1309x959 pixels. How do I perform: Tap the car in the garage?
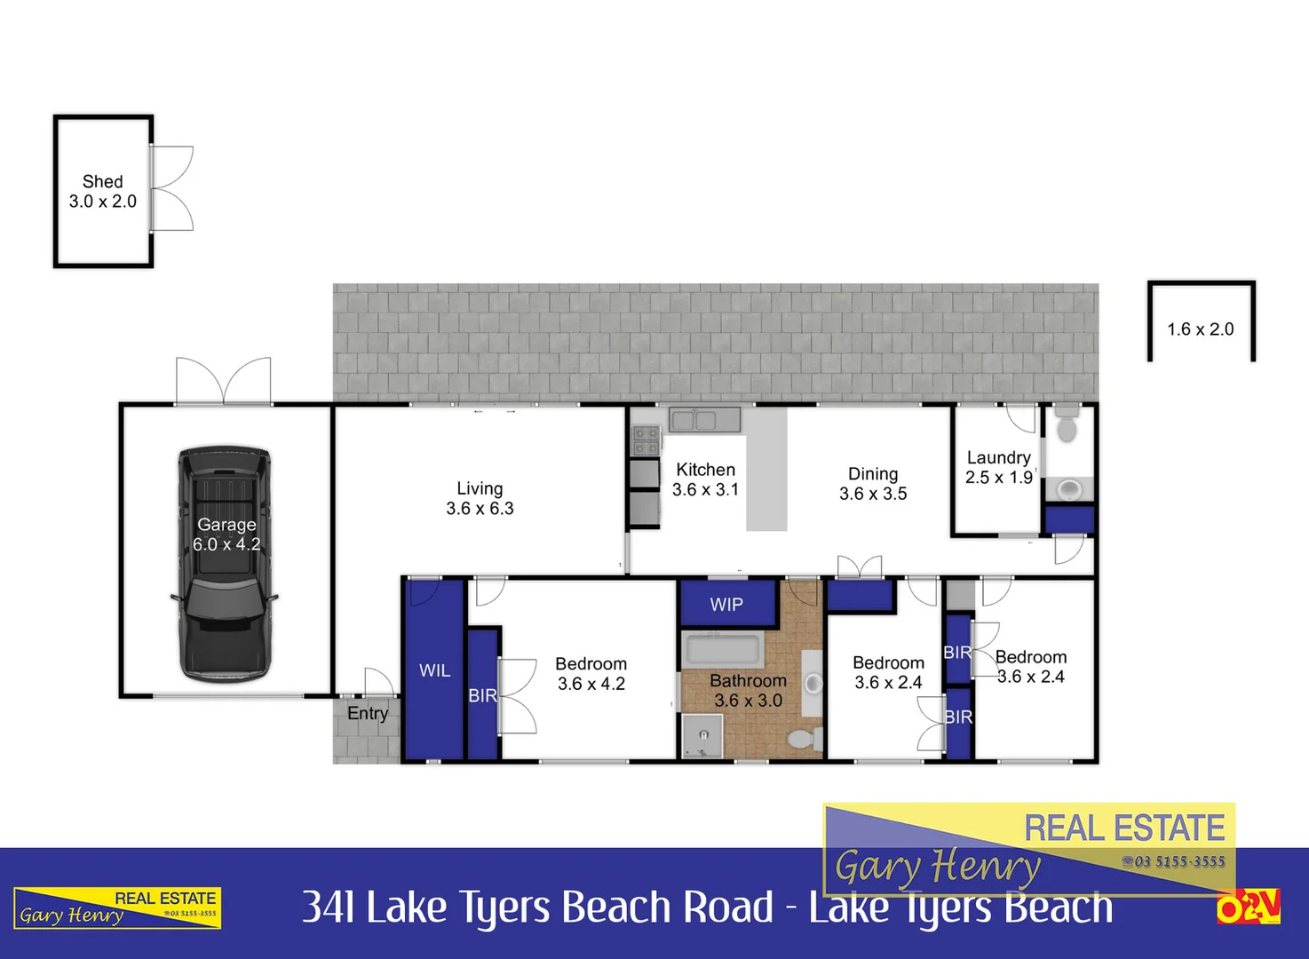224,564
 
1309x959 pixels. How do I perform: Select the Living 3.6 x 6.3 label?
480,498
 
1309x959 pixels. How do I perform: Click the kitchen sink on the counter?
704,419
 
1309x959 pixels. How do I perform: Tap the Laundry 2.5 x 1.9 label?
999,467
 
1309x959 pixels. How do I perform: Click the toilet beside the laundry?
1067,425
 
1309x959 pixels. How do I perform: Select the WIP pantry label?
726,605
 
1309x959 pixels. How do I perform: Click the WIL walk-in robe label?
434,670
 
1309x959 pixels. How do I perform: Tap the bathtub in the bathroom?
722,650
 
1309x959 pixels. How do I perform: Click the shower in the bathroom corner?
702,736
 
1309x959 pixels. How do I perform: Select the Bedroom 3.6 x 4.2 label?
591,674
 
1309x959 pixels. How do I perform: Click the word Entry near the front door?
368,713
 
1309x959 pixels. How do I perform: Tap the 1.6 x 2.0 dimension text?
1200,329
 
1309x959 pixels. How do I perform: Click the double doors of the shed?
172,188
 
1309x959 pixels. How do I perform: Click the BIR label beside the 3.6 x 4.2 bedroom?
482,696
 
